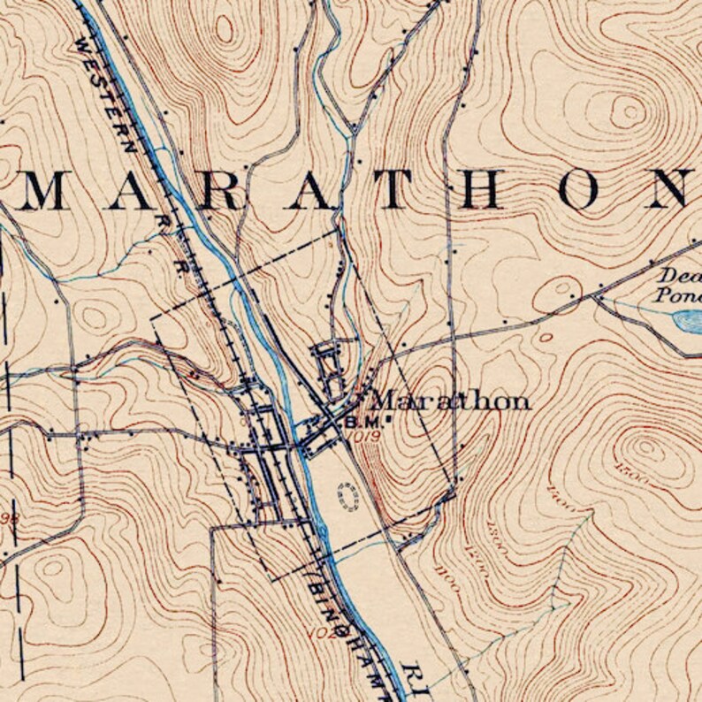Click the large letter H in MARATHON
pyautogui.click(x=485, y=188)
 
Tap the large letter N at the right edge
pyautogui.click(x=674, y=188)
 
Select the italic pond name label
pyautogui.click(x=679, y=285)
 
